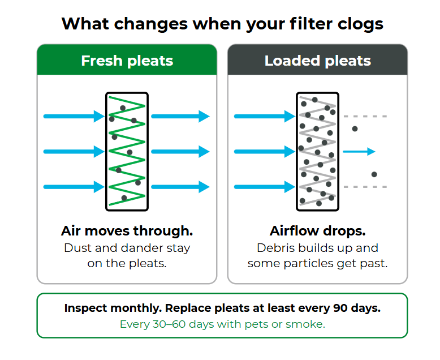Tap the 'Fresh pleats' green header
point(127,59)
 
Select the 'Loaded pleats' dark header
point(318,59)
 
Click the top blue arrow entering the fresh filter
point(74,116)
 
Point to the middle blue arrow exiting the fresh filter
point(180,152)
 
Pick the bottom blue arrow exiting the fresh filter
point(180,187)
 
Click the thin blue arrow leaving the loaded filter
point(359,152)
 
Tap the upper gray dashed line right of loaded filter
point(365,116)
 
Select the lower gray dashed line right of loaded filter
point(365,187)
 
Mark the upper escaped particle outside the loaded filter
point(355,129)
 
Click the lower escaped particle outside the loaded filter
point(374,174)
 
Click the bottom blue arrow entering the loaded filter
point(265,187)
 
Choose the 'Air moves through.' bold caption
point(127,231)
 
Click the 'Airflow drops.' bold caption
point(318,231)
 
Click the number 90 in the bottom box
point(340,308)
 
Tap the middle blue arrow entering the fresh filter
point(74,152)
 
